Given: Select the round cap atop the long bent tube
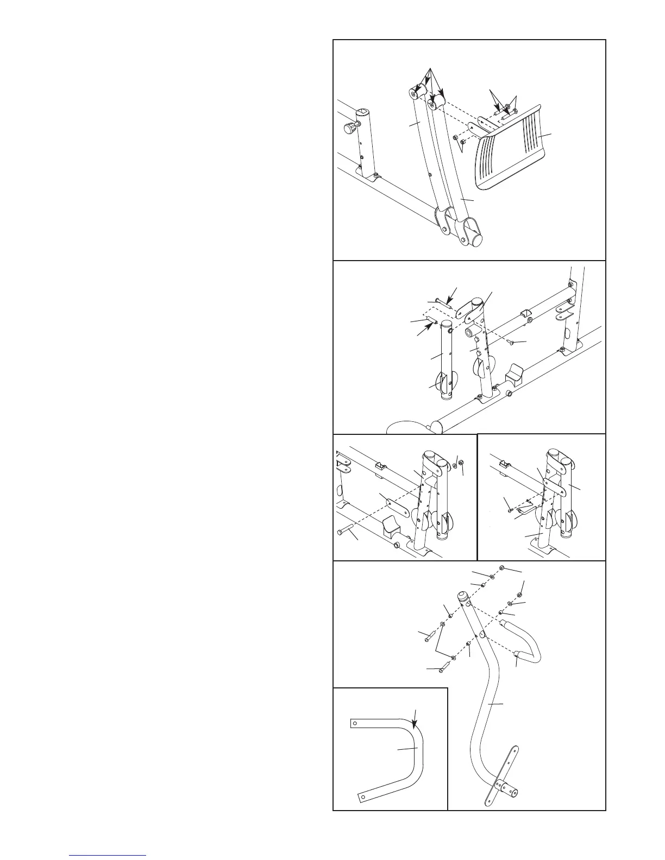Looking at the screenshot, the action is coord(462,596).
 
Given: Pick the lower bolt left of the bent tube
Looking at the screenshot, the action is coord(446,663).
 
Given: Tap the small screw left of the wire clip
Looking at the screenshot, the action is coord(509,509).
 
